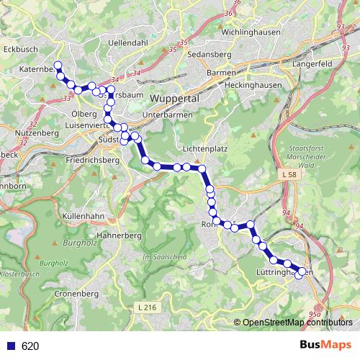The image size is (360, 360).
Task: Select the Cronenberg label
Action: pyautogui.click(x=76, y=294)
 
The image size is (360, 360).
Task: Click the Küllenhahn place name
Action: pyautogui.click(x=85, y=216)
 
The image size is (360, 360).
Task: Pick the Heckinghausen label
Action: pyautogui.click(x=239, y=84)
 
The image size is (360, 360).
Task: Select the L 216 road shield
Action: pyautogui.click(x=146, y=307)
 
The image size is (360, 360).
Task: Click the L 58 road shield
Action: pyautogui.click(x=289, y=175)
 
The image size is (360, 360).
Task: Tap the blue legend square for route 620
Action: pyautogui.click(x=11, y=346)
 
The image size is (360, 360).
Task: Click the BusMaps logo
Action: pyautogui.click(x=325, y=346)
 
